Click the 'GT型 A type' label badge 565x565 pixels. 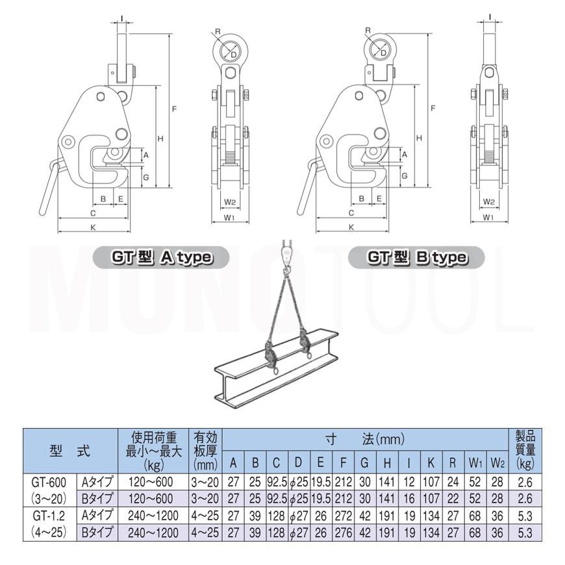161,257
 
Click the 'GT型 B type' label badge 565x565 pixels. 416,257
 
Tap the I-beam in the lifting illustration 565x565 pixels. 277,369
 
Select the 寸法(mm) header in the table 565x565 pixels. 365,439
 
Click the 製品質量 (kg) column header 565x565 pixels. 525,451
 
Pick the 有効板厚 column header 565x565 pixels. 205,451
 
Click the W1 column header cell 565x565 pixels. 475,462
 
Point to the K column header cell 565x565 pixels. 431,462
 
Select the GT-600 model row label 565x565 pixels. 49,490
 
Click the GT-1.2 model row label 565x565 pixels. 49,524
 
